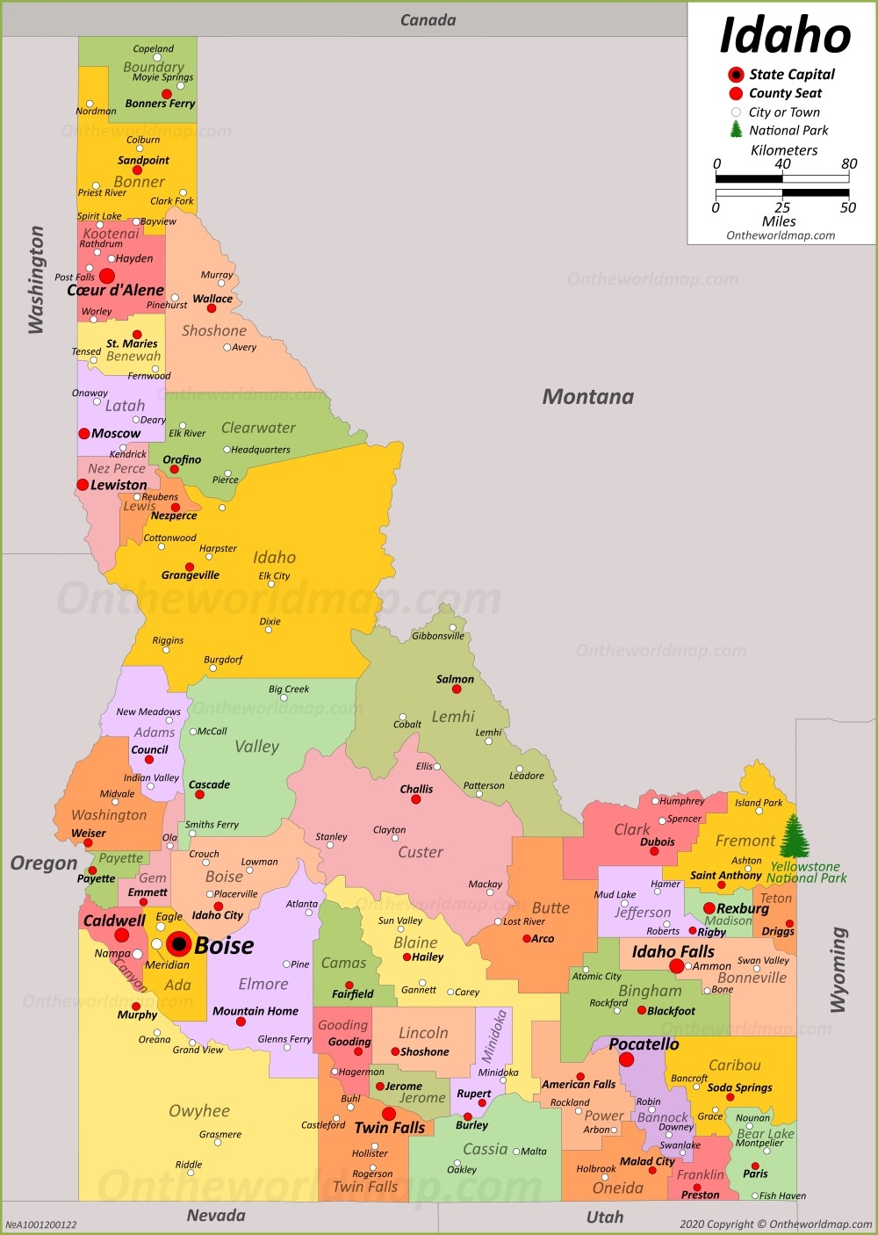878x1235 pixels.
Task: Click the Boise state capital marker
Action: tap(179, 944)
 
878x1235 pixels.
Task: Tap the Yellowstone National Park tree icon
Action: tap(795, 835)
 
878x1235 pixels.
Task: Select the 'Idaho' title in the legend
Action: tap(784, 36)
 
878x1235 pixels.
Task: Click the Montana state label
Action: tap(587, 397)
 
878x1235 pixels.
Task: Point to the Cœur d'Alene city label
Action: tap(115, 290)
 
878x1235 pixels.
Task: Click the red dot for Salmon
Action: tap(457, 690)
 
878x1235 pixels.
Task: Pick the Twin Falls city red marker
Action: tap(388, 1114)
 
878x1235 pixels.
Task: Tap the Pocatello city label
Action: tap(644, 1044)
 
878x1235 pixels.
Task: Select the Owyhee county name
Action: tap(199, 1111)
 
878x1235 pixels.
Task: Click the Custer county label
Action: tap(421, 852)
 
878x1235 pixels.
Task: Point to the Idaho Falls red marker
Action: tap(676, 966)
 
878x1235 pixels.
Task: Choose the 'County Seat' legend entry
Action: tap(785, 93)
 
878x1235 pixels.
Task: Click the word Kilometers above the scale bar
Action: tap(783, 150)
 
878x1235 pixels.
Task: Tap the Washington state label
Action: tap(36, 279)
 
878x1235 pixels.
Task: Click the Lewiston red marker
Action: tap(83, 485)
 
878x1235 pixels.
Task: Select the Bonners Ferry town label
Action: tap(160, 104)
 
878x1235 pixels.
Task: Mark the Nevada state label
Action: tap(216, 1216)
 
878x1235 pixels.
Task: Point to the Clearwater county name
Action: tap(258, 428)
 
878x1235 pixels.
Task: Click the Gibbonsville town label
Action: tap(438, 636)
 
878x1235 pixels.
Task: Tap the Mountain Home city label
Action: tap(255, 1011)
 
